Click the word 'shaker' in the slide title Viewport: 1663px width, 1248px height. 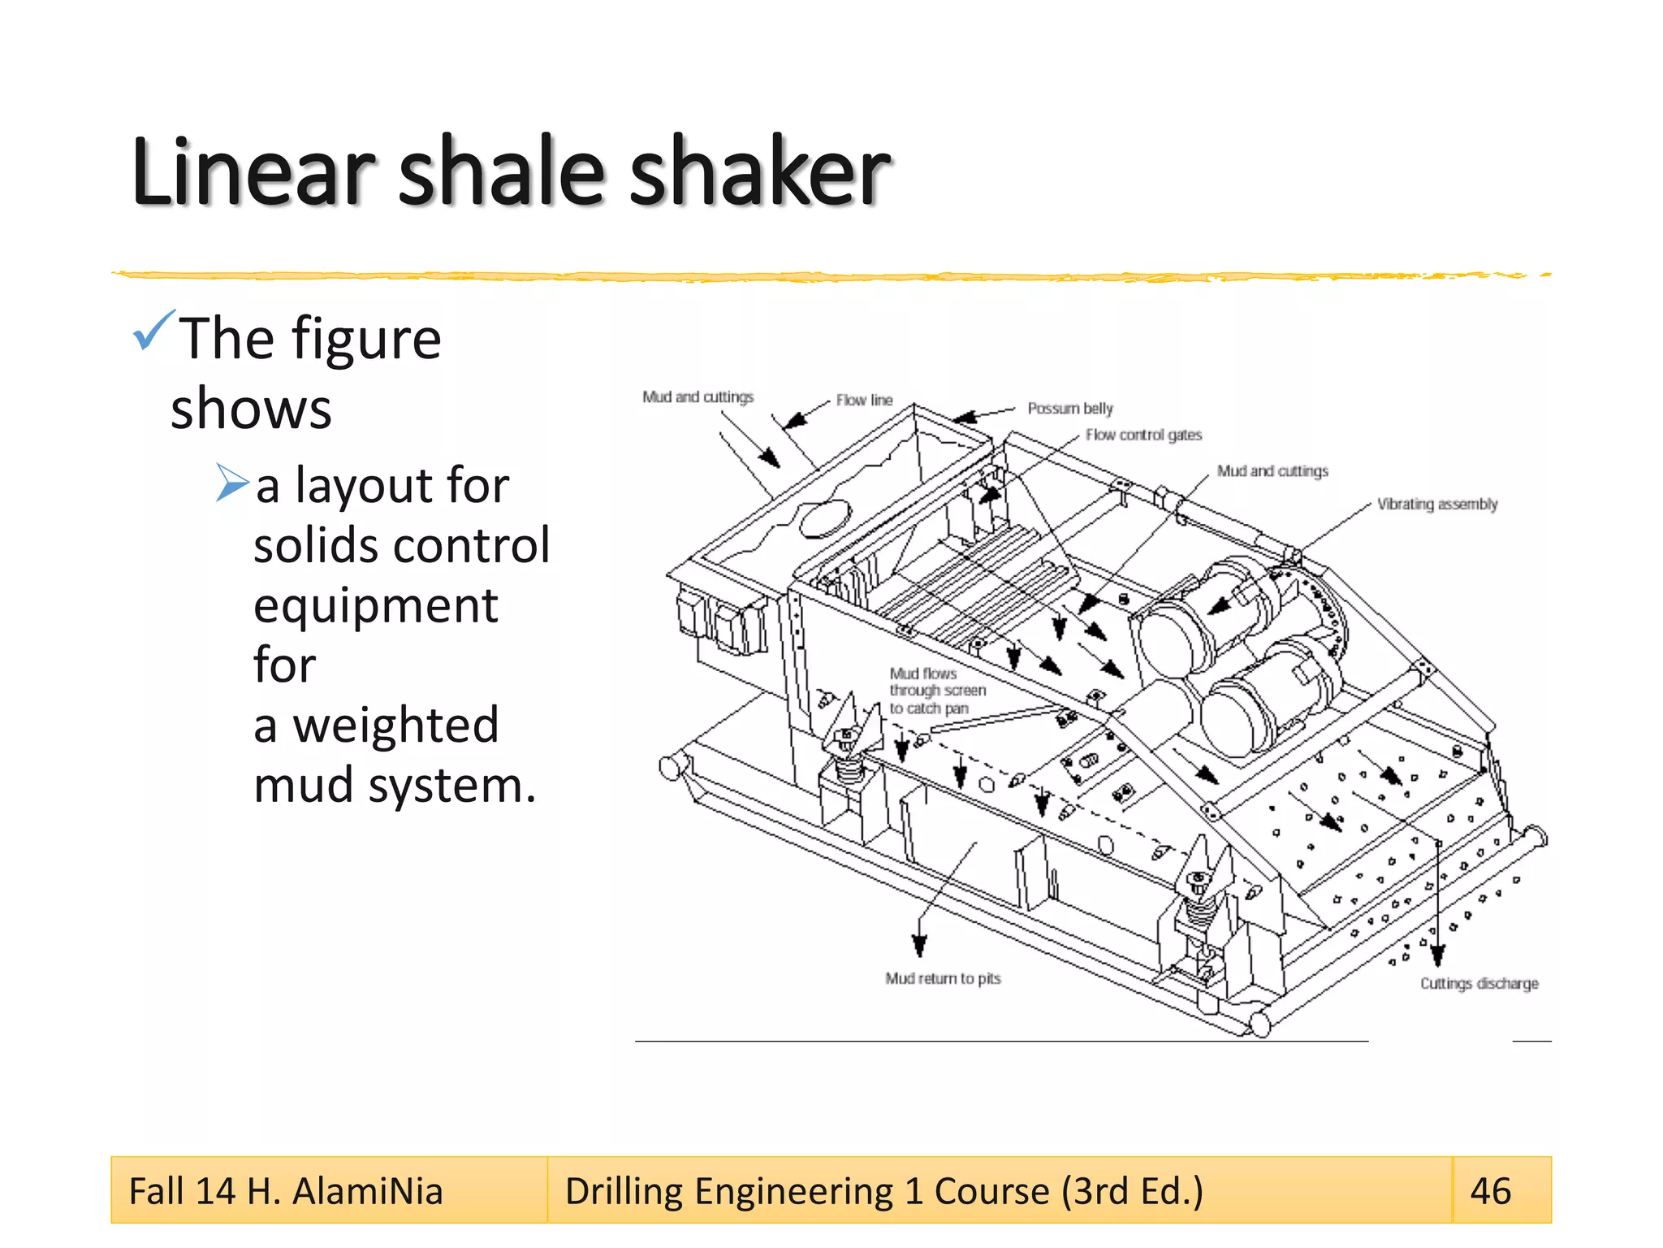[759, 172]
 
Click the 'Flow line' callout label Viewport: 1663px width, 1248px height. [864, 400]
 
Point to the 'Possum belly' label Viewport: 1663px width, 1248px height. [1069, 408]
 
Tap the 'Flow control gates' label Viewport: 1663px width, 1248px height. [1143, 435]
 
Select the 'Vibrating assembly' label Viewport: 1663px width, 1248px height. [1436, 504]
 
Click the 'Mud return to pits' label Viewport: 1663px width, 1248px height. [943, 978]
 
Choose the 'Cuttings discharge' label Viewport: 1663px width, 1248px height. [1479, 983]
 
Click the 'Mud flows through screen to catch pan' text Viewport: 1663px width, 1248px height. [936, 691]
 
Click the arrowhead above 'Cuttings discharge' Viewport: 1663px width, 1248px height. [1437, 956]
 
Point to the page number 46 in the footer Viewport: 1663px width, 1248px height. [1491, 1191]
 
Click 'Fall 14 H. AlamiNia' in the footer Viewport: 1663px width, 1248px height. [286, 1191]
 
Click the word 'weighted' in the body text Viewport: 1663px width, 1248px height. [395, 725]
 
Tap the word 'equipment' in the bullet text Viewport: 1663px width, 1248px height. [375, 605]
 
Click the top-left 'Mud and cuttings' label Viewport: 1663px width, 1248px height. [698, 396]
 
